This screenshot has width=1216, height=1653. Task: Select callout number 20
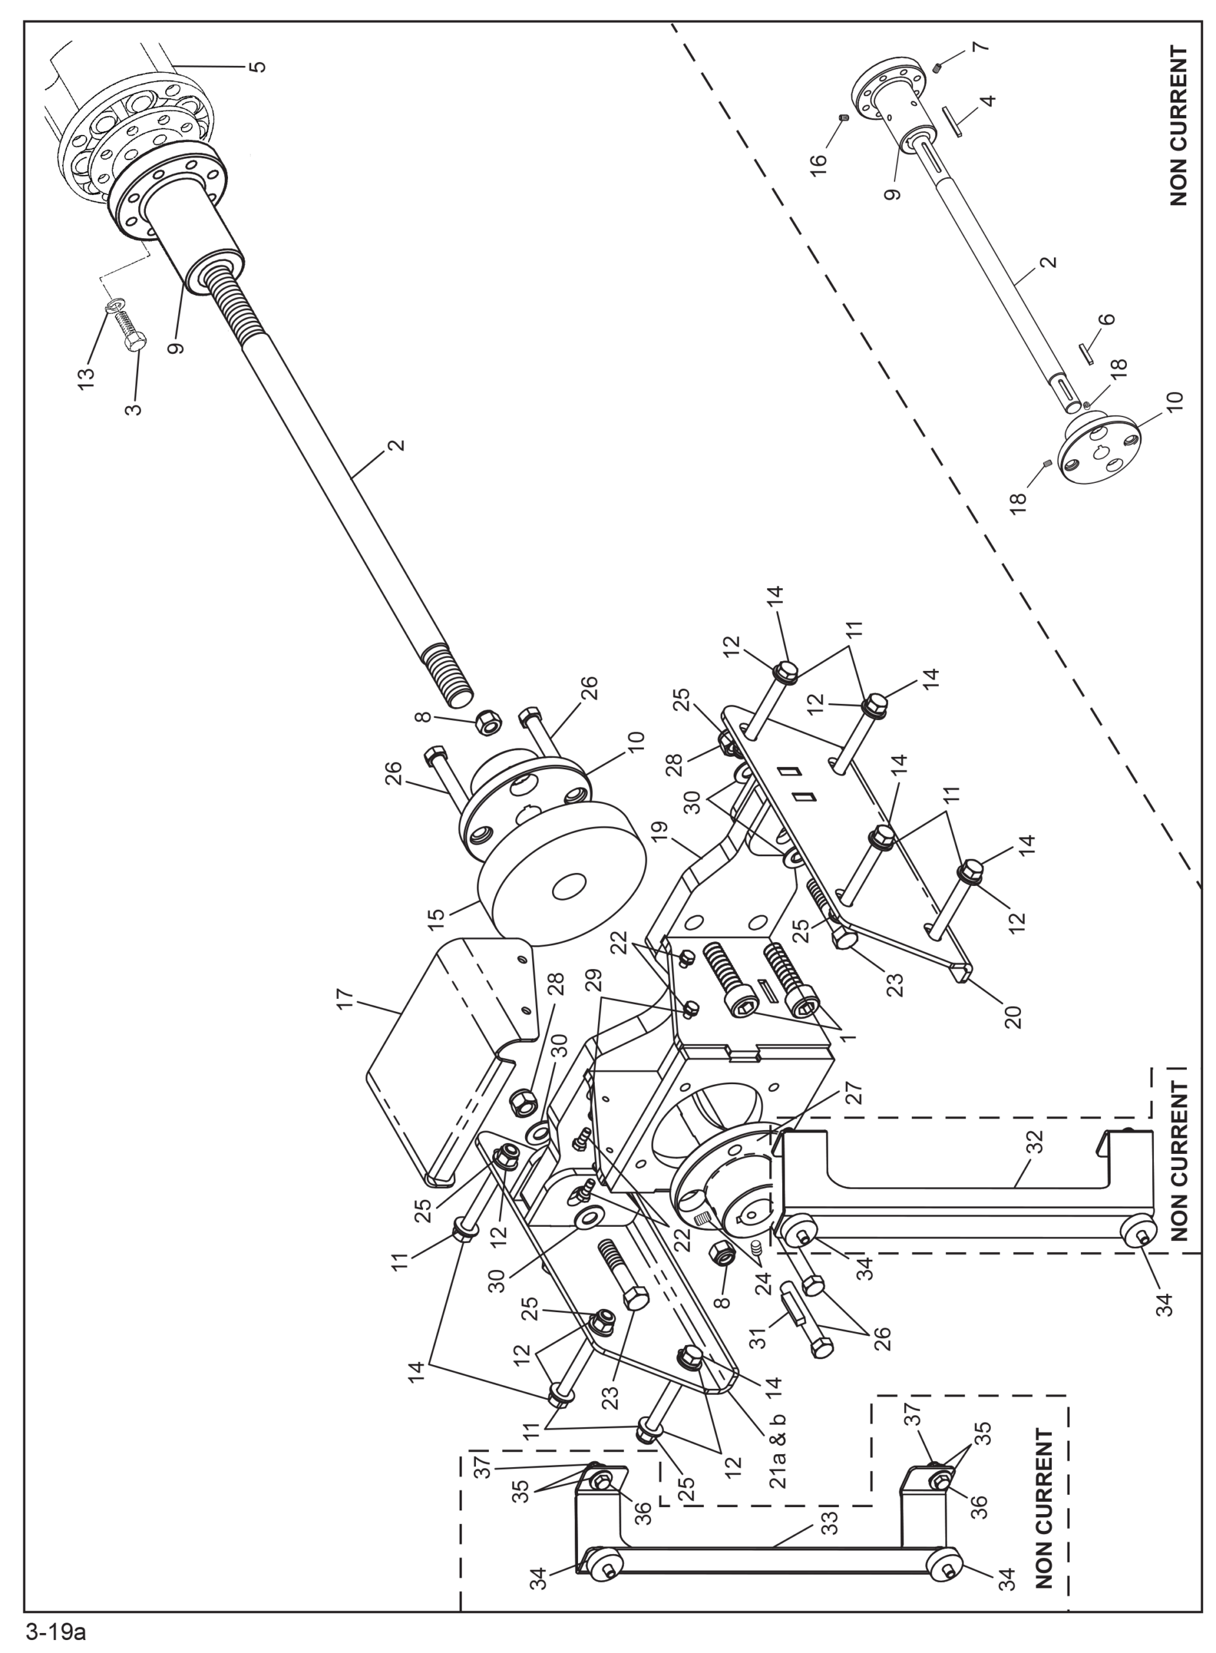click(1014, 1016)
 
